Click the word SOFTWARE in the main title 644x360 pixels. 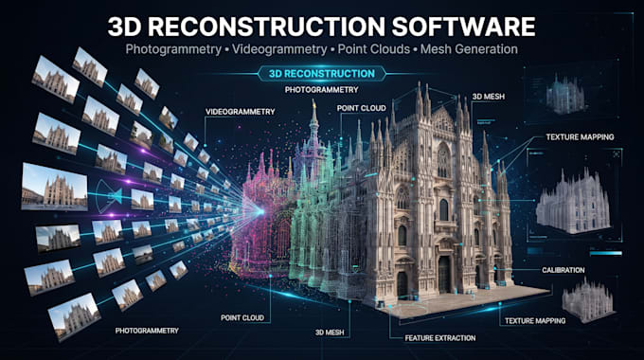[x=463, y=27]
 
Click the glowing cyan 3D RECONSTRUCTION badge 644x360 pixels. [x=322, y=74]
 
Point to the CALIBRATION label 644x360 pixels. [x=563, y=270]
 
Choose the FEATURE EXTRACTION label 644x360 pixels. [x=440, y=338]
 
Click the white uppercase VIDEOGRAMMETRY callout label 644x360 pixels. [x=241, y=112]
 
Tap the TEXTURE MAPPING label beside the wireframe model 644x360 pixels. [x=580, y=137]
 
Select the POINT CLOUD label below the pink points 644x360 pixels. [x=242, y=317]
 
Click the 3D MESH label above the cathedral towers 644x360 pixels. [x=489, y=97]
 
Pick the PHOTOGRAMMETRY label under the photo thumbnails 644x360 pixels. [x=147, y=331]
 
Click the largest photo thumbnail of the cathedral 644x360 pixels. [x=55, y=187]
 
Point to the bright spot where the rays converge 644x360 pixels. [x=260, y=211]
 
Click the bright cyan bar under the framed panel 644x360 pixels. [x=606, y=254]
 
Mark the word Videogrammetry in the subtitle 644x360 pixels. [x=279, y=49]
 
